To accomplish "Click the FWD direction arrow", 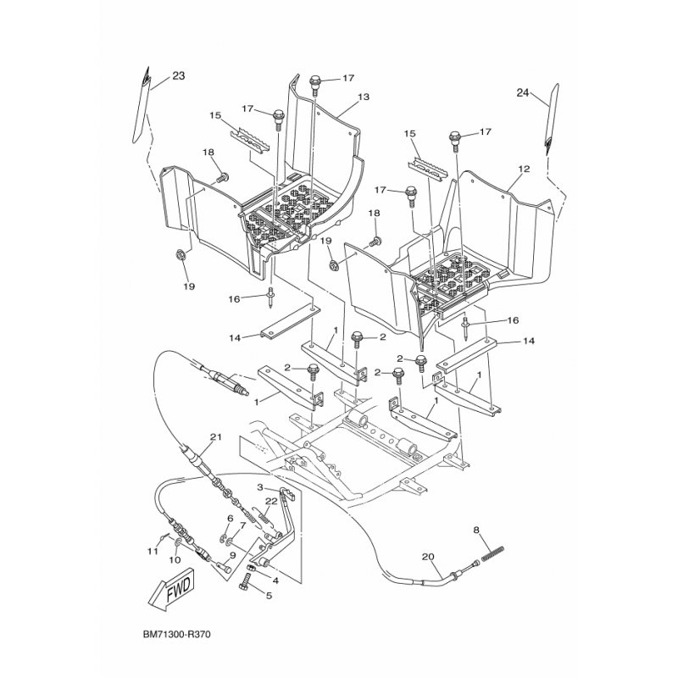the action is [172, 589].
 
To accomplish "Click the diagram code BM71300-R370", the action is [177, 635].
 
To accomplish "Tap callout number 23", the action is [179, 75].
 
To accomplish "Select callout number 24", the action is [522, 92].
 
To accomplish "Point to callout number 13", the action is [364, 97].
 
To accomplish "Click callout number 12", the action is [524, 169].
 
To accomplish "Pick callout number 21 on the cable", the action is [215, 437].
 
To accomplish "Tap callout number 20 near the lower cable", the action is [428, 557].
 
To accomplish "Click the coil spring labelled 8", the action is [492, 554].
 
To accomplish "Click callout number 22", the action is [271, 501].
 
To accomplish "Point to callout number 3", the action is [260, 487].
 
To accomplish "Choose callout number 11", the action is [152, 551].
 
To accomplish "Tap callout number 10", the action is [175, 560].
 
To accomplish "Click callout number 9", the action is [232, 556].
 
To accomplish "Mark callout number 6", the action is [230, 518].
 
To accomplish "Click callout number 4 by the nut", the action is [275, 581].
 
